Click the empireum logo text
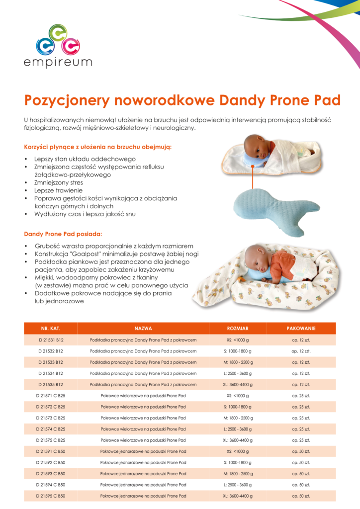coord(58,63)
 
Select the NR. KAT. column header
coord(51,329)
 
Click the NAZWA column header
coord(143,329)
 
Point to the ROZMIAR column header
coord(238,329)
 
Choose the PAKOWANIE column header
coord(301,329)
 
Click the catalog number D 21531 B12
coord(51,340)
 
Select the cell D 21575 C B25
coord(51,440)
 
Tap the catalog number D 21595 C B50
coord(51,496)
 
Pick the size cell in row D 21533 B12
coord(238,362)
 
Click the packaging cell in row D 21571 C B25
coord(301,396)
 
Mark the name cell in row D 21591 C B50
coord(143,451)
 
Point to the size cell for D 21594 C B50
coord(238,485)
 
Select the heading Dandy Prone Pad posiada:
coord(63,234)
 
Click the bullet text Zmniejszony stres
coord(59,182)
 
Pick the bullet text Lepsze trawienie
coord(59,190)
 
